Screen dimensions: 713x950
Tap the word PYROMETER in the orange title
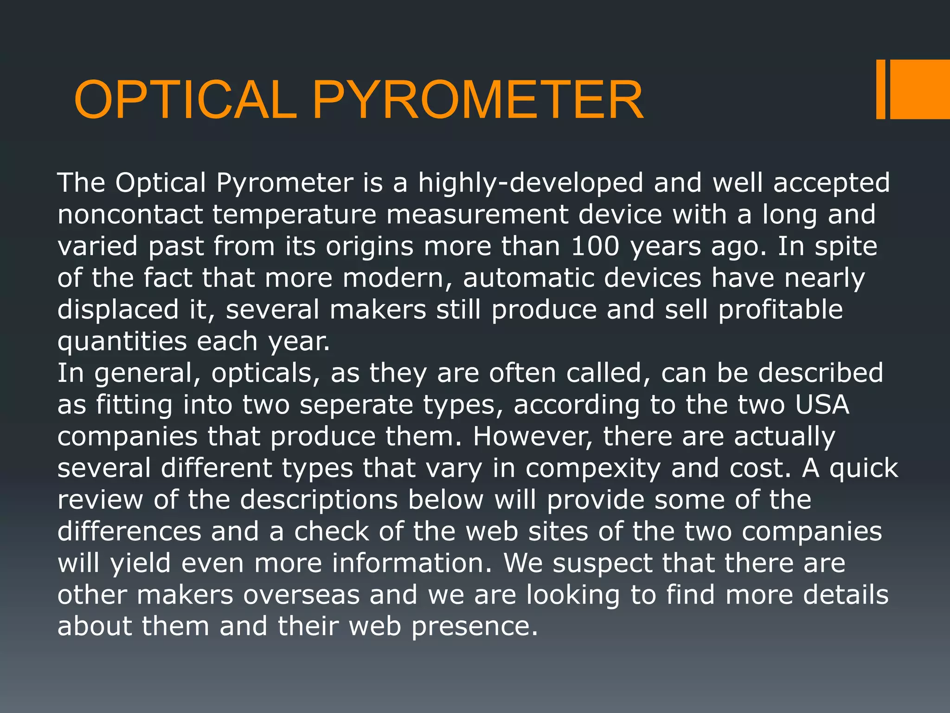click(x=478, y=100)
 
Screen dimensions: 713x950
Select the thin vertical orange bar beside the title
click(x=880, y=89)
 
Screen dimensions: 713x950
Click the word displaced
click(x=118, y=310)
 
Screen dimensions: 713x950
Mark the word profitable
click(x=780, y=310)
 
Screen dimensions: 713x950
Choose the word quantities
click(x=122, y=342)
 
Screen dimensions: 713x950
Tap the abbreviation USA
click(x=822, y=405)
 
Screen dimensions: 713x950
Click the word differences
click(x=129, y=532)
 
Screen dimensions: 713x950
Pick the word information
click(x=412, y=563)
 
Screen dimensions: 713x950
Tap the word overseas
click(x=302, y=595)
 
